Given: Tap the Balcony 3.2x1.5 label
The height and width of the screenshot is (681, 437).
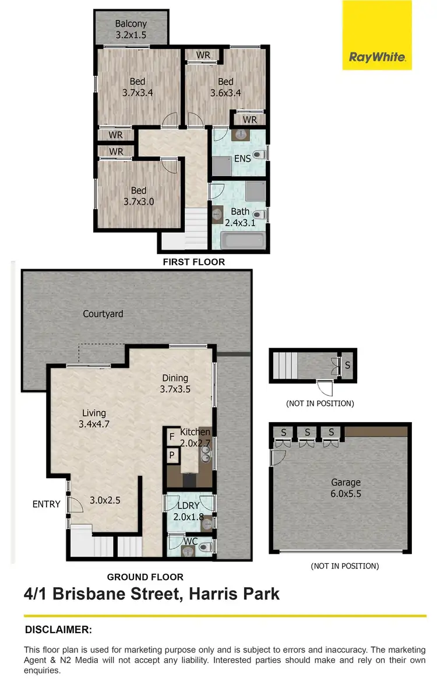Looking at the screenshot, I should [x=131, y=29].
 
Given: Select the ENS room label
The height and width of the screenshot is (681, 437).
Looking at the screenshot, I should [x=242, y=158].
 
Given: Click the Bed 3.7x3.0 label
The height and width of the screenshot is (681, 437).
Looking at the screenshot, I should [x=138, y=196].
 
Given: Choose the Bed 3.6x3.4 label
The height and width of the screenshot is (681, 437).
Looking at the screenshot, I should [x=225, y=87].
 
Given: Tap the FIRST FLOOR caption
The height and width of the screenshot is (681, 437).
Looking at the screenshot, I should [x=193, y=262].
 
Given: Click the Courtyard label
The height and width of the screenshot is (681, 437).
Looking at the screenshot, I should [x=103, y=314].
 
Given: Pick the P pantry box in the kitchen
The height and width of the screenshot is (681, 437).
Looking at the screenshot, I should [x=172, y=455].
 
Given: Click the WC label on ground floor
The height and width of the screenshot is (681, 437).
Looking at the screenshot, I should [x=191, y=542].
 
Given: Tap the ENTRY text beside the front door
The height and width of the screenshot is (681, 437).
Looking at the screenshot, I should [x=47, y=504].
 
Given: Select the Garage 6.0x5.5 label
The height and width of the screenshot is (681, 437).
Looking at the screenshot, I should [x=346, y=488].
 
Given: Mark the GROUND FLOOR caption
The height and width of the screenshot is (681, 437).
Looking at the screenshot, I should [x=145, y=577].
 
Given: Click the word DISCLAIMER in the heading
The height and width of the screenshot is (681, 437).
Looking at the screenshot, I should [x=58, y=630].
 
